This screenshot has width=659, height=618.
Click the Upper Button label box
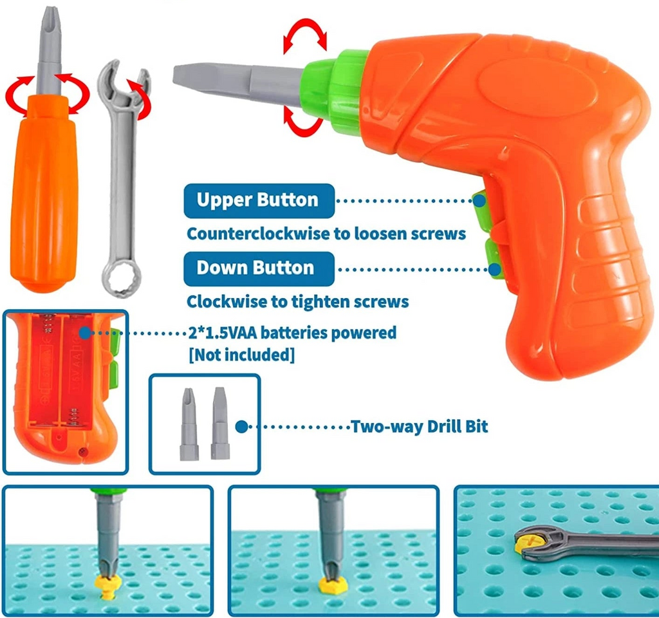[258, 200]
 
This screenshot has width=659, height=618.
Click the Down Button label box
[258, 268]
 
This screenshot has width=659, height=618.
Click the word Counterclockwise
[248, 233]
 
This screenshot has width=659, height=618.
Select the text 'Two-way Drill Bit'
[419, 426]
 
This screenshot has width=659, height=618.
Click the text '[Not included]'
[241, 355]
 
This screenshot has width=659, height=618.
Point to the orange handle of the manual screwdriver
[43, 193]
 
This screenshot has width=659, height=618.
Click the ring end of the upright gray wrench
[120, 279]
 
